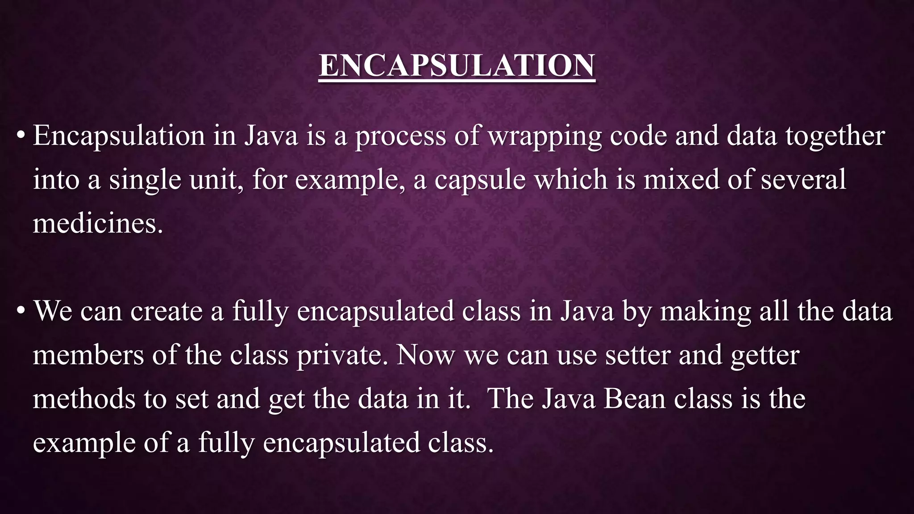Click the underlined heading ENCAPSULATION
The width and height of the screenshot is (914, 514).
(457, 66)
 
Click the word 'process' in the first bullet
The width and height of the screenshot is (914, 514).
(400, 136)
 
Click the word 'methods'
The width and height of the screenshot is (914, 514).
(84, 398)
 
